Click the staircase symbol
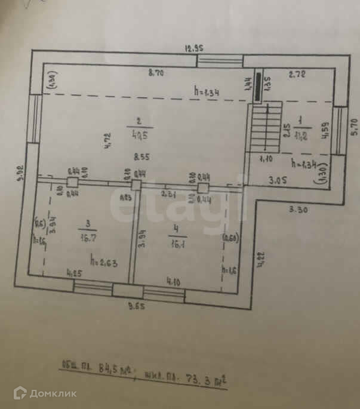pyautogui.click(x=266, y=127)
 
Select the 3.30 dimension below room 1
pyautogui.click(x=298, y=210)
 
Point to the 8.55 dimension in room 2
pyautogui.click(x=141, y=158)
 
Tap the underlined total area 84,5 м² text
pyautogui.click(x=107, y=368)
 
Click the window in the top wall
pyautogui.click(x=220, y=60)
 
